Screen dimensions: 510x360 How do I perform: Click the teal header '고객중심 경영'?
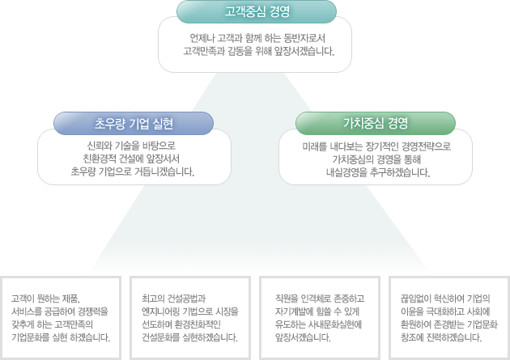coord(257,11)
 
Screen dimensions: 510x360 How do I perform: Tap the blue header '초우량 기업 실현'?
coord(134,124)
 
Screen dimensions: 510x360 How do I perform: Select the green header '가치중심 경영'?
coord(376,123)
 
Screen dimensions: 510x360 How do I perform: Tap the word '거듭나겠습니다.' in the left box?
coord(164,172)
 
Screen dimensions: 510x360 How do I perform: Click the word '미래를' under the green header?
coord(315,146)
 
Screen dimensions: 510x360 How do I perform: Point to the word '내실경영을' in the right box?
coord(346,172)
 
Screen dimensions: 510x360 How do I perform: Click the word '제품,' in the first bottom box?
coord(70,299)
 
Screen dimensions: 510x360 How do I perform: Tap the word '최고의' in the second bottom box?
coord(153,299)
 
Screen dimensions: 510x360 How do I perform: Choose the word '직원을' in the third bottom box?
coord(287,299)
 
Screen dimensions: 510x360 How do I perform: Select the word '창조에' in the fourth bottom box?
coord(412,337)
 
